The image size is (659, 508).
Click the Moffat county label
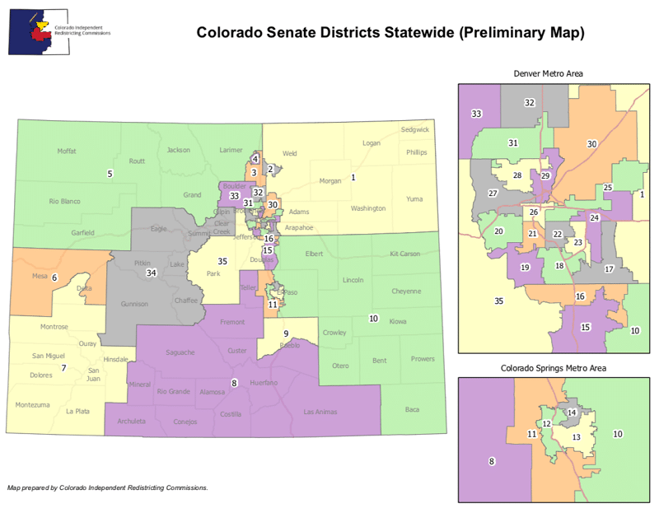(x=67, y=151)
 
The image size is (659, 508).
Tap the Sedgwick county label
(x=414, y=130)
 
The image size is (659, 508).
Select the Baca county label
(x=413, y=409)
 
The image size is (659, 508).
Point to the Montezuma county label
(x=30, y=405)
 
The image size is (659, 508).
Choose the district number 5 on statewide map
(x=109, y=174)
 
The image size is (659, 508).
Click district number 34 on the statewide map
(x=151, y=273)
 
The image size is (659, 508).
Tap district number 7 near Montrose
(x=63, y=367)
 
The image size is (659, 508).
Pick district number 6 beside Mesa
(x=54, y=277)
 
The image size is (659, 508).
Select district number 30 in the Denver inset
(x=591, y=144)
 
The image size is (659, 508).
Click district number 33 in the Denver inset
(x=476, y=114)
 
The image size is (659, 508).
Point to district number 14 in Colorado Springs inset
(x=572, y=412)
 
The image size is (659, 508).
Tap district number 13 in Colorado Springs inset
(x=577, y=437)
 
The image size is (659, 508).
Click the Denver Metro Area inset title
(x=548, y=74)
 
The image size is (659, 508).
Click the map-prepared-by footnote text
(x=107, y=487)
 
